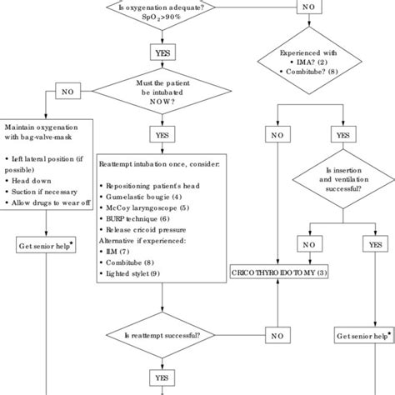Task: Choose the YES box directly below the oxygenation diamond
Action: (162, 52)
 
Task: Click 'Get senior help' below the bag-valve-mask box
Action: (46, 246)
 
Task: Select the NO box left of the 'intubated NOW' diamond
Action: (67, 89)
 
